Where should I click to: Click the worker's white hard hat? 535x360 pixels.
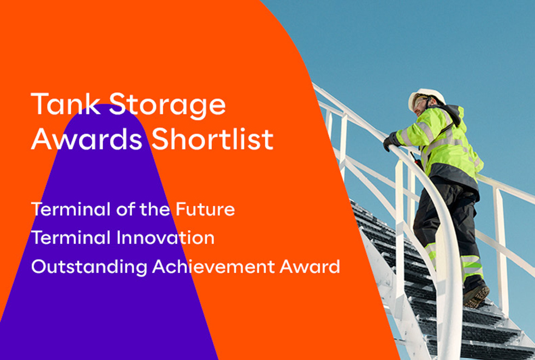coord(425,96)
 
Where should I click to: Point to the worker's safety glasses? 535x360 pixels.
coord(419,103)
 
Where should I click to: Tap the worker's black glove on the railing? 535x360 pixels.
coord(391,141)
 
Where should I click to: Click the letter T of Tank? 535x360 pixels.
coord(39,104)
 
